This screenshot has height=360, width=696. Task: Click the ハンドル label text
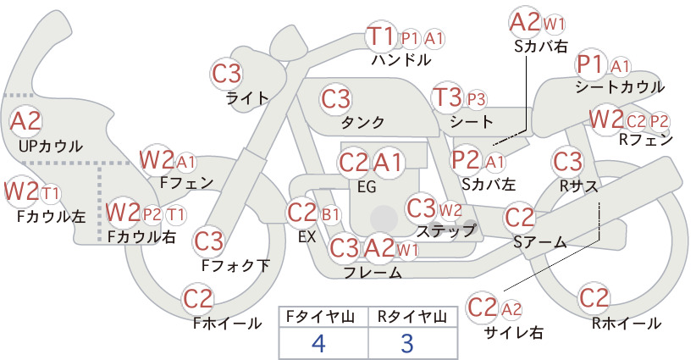(x=401, y=59)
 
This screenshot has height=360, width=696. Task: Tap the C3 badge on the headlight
(x=226, y=74)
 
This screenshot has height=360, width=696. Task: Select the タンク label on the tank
(x=362, y=122)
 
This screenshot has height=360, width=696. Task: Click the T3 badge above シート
(x=447, y=97)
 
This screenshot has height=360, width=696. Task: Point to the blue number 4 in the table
(x=318, y=343)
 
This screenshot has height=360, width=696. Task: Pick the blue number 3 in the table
(x=406, y=343)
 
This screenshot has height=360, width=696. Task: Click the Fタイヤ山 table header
(x=320, y=317)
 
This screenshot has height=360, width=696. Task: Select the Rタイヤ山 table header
(x=412, y=317)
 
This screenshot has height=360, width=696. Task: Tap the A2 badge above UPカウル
(x=25, y=121)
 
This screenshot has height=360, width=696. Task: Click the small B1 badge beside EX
(x=330, y=215)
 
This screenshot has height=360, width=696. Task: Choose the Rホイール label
(x=627, y=324)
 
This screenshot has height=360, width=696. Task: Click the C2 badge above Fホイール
(x=197, y=299)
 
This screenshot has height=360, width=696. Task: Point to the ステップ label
(x=446, y=230)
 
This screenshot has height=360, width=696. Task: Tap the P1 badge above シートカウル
(x=590, y=65)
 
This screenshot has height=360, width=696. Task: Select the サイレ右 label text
(x=514, y=332)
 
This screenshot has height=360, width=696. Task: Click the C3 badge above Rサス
(x=567, y=162)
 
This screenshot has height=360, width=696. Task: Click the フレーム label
(x=373, y=272)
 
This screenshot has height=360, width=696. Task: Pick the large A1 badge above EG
(x=387, y=163)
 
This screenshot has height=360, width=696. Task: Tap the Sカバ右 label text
(x=541, y=47)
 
